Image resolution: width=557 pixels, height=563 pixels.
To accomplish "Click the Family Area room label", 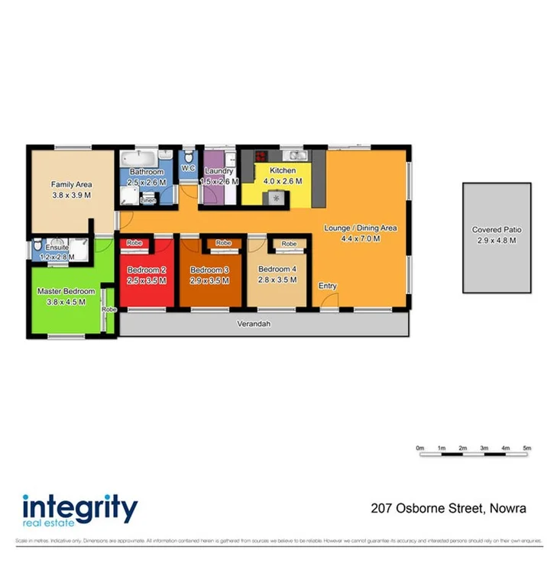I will tap(71, 184).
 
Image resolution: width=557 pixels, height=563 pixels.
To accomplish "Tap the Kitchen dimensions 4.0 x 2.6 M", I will tap(282, 182).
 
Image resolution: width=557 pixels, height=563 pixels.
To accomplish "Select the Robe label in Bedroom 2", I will tap(134, 242).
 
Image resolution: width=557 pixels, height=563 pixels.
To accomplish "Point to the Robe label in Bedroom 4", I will tap(289, 244).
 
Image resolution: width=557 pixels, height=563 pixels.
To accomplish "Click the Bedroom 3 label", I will tap(209, 270).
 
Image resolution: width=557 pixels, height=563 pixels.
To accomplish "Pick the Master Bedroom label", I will tap(66, 292).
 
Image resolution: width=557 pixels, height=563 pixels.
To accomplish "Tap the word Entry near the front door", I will tap(327, 286).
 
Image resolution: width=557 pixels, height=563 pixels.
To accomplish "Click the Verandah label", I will tap(255, 324).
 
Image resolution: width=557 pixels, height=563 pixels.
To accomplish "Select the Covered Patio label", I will tap(496, 229).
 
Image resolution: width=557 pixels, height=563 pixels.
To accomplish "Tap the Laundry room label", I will tap(219, 172).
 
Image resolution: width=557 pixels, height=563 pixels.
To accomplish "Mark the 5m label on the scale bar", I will tap(526, 447).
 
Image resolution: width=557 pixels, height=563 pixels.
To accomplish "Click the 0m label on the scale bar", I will tap(419, 447).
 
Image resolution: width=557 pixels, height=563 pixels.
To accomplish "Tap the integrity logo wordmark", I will tap(79, 508).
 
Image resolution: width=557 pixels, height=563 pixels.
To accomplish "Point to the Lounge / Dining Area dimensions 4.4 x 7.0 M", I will tap(361, 239).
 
